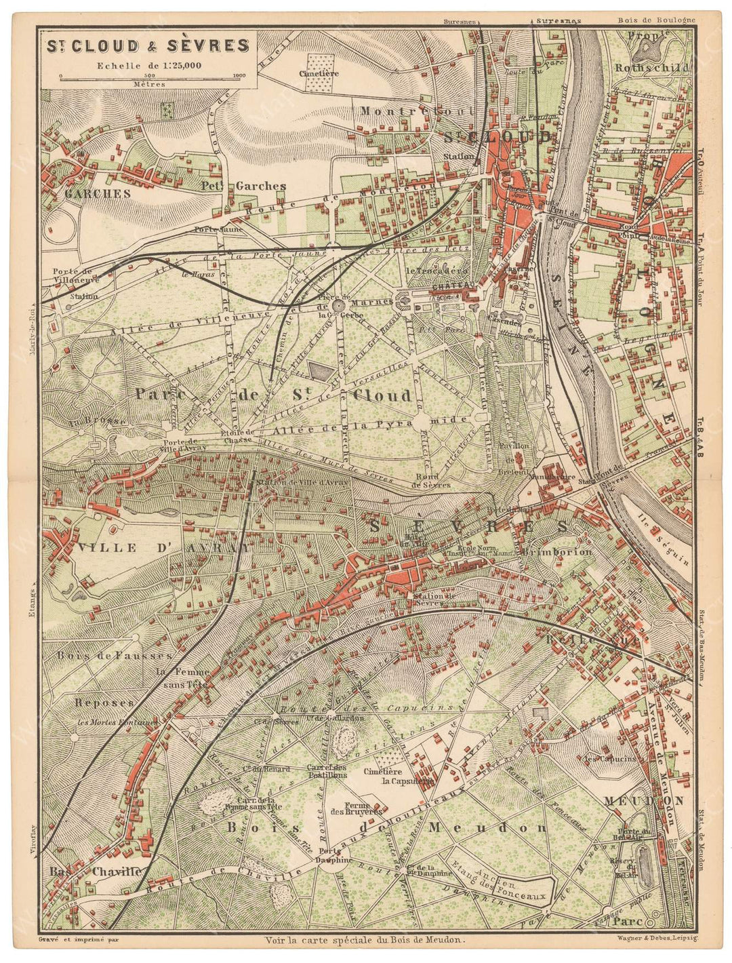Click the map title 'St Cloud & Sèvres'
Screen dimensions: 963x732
(147, 46)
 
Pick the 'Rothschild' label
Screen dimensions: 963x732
(651, 67)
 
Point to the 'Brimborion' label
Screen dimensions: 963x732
(557, 552)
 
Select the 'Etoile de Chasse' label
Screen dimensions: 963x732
(237, 436)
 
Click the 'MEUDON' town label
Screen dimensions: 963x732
(645, 801)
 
